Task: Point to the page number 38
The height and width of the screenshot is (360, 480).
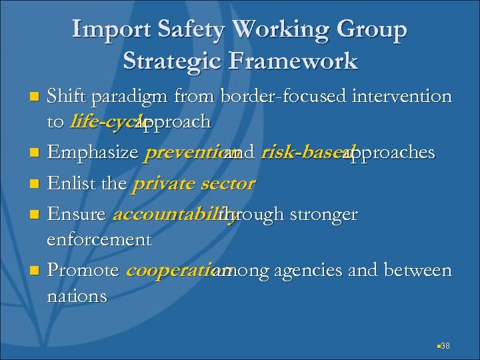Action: pyautogui.click(x=445, y=345)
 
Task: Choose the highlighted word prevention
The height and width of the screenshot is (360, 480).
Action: pyautogui.click(x=183, y=153)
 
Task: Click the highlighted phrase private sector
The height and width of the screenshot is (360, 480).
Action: pyautogui.click(x=193, y=184)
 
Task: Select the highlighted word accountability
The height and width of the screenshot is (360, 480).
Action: pyautogui.click(x=175, y=215)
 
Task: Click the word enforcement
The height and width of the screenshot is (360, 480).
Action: pyautogui.click(x=99, y=239)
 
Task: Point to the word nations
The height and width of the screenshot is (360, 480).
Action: pyautogui.click(x=77, y=295)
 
